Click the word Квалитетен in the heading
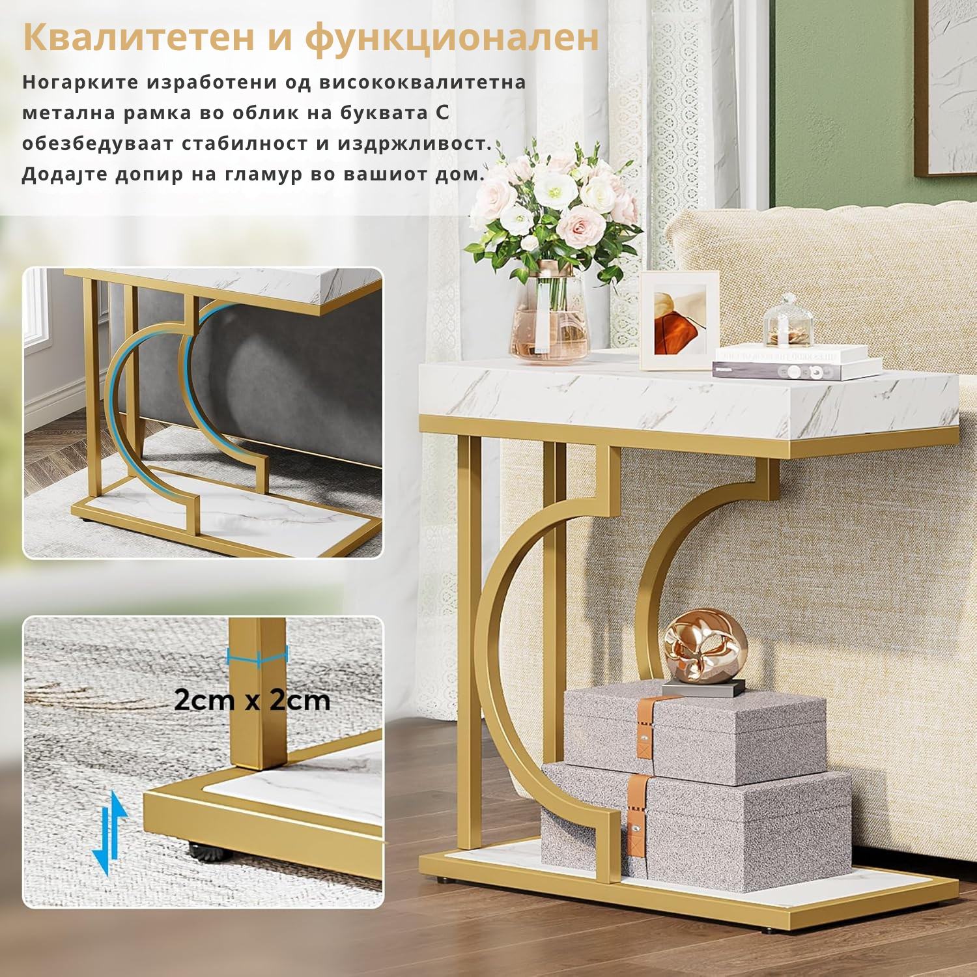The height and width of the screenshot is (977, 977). pos(139,37)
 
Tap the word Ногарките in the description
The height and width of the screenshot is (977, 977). pos(81,83)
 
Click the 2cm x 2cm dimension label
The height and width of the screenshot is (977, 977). pos(252,700)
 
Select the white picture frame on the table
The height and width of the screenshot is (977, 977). pos(679,320)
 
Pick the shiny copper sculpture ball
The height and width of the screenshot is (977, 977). pos(704,646)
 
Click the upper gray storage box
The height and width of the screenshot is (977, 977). pos(694,733)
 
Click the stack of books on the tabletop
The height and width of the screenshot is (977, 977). pos(796,361)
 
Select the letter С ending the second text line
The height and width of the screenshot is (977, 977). pos(443,113)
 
